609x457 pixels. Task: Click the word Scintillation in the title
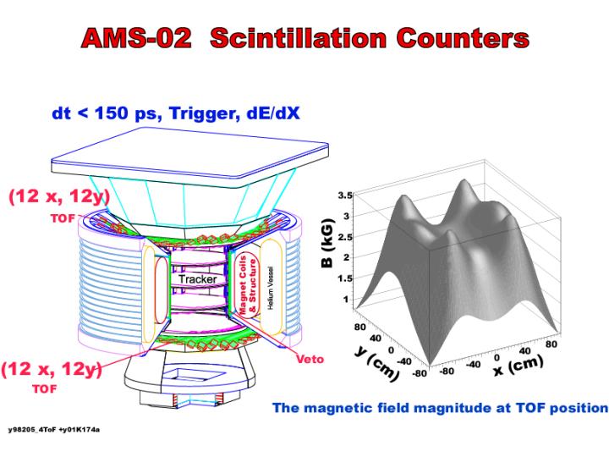(299, 38)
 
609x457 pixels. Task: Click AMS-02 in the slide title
(136, 38)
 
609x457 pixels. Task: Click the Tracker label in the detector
(198, 279)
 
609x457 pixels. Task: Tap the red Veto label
(310, 359)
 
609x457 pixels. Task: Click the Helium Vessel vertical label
(271, 288)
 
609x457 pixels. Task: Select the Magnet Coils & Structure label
(248, 285)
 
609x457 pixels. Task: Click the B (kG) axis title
(327, 244)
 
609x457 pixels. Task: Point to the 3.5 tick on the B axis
(345, 195)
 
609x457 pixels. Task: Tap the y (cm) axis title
(376, 362)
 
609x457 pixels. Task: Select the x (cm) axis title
(518, 366)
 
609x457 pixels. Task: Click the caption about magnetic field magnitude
(440, 408)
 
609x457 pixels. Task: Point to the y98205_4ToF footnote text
(54, 430)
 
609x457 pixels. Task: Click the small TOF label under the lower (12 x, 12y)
(44, 389)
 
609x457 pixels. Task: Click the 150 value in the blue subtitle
(111, 113)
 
